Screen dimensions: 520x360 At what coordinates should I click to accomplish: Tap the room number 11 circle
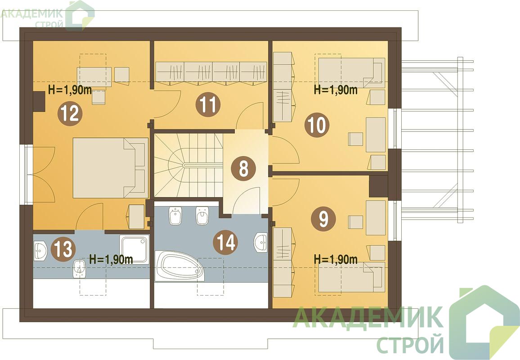(208, 104)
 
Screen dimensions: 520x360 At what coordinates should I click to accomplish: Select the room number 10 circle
(317, 125)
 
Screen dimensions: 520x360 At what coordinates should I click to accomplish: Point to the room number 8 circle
(243, 169)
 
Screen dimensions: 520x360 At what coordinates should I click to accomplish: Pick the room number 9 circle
(323, 219)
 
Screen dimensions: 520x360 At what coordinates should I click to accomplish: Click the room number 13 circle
(63, 249)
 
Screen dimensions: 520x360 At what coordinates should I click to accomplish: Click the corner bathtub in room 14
(179, 266)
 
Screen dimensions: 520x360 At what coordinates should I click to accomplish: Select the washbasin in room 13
(41, 251)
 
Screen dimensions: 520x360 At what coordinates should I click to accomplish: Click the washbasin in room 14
(260, 242)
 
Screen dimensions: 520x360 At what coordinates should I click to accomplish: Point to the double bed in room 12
(110, 168)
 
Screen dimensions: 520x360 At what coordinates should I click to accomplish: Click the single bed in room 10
(351, 73)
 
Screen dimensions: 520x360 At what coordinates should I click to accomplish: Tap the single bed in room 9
(351, 277)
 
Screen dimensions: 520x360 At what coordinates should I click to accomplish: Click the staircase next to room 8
(188, 165)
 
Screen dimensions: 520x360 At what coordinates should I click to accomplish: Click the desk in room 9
(376, 217)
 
